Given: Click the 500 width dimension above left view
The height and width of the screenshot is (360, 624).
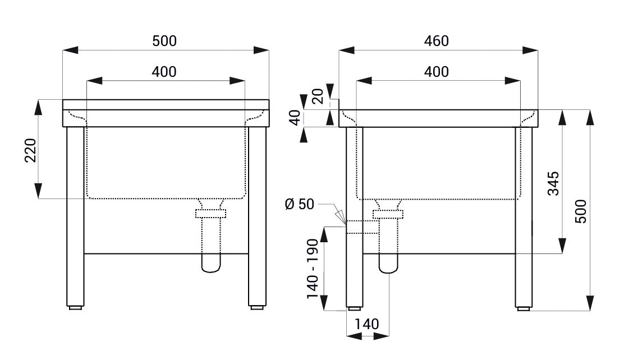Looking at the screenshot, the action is point(164,40).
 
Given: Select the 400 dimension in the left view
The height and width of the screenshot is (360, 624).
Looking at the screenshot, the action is point(164,72).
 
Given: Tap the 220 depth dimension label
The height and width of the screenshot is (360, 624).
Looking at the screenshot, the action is point(31,150).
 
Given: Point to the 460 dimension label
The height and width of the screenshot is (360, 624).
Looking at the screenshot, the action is point(437,40).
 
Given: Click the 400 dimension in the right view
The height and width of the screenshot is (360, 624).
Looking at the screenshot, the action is point(437,72).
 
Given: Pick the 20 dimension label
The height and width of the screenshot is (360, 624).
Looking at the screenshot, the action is point(318,96).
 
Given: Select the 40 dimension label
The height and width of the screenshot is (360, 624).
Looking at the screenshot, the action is point(295,118).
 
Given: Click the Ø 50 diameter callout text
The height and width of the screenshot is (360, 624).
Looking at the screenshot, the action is point(300,204).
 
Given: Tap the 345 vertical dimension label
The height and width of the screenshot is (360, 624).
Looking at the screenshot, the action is point(553,183).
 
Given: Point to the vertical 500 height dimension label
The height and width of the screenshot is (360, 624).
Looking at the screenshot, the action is point(581,211).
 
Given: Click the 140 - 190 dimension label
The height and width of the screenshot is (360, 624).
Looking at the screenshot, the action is point(313,269).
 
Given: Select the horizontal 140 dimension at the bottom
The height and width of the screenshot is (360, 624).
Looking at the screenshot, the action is point(367,324).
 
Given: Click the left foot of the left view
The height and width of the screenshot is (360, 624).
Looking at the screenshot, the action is point(75,307).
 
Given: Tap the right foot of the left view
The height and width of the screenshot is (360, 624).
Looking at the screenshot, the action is point(257,307).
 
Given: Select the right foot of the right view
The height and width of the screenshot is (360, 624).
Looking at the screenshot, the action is point(524,308).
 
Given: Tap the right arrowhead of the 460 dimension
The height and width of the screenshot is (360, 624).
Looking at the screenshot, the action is point(530,50).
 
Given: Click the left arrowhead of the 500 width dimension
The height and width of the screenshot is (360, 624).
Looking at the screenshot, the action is point(71,50).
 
